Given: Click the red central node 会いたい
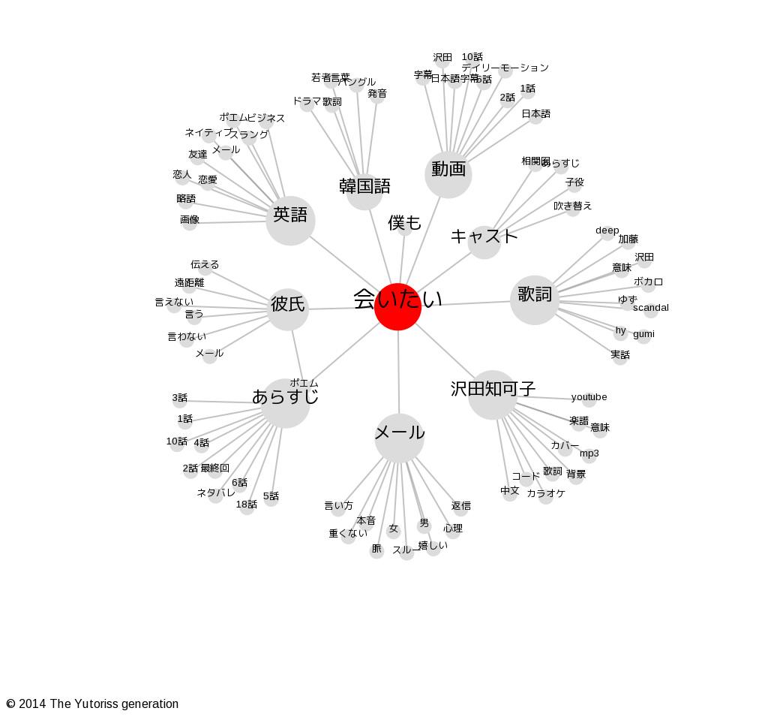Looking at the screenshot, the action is pyautogui.click(x=397, y=306).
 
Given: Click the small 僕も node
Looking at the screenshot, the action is pyautogui.click(x=405, y=224).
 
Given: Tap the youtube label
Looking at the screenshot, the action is pyautogui.click(x=589, y=397).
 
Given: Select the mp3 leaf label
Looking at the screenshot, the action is pyautogui.click(x=589, y=453).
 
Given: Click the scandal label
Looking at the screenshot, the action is pyautogui.click(x=650, y=308).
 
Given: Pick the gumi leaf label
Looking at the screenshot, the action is pyautogui.click(x=643, y=334).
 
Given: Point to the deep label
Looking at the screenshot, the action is pyautogui.click(x=607, y=230).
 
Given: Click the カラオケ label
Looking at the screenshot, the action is pyautogui.click(x=546, y=494).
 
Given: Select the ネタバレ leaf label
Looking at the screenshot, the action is pyautogui.click(x=216, y=493).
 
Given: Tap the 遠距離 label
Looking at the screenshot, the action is pyautogui.click(x=189, y=283).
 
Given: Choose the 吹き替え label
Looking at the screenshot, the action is pyautogui.click(x=573, y=206).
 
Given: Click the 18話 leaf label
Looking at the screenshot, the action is pyautogui.click(x=247, y=505).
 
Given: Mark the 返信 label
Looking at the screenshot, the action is pyautogui.click(x=461, y=506).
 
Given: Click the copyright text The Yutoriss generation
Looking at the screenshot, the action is pyautogui.click(x=92, y=704).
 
